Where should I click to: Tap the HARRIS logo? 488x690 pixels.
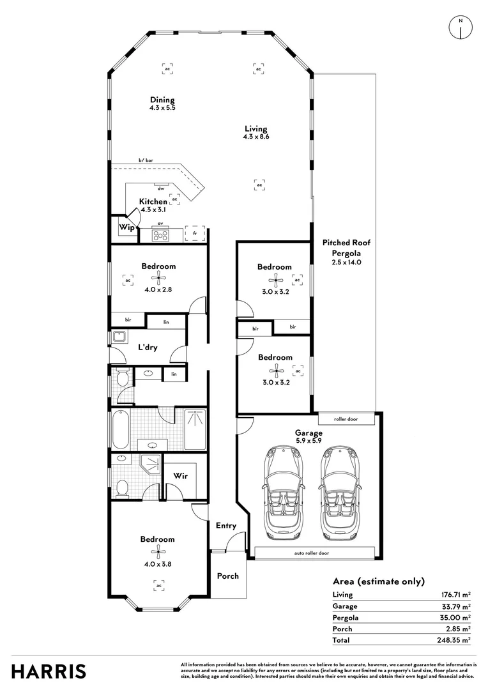pos(49,670)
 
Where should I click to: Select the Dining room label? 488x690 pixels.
pos(162,100)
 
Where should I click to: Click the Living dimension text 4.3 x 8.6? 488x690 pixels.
pos(255,137)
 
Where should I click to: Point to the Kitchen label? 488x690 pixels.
pos(153,202)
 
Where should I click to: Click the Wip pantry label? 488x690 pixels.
pos(125,226)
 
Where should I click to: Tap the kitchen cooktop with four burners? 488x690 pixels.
pos(161,234)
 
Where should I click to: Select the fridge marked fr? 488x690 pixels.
pos(195,234)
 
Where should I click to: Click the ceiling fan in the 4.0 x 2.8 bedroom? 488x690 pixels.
pos(158,278)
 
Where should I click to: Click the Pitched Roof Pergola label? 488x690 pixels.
pos(346,247)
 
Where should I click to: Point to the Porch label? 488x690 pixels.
pos(228,576)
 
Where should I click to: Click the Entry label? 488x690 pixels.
pos(226,526)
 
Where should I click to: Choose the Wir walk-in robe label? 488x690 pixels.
pos(180,476)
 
